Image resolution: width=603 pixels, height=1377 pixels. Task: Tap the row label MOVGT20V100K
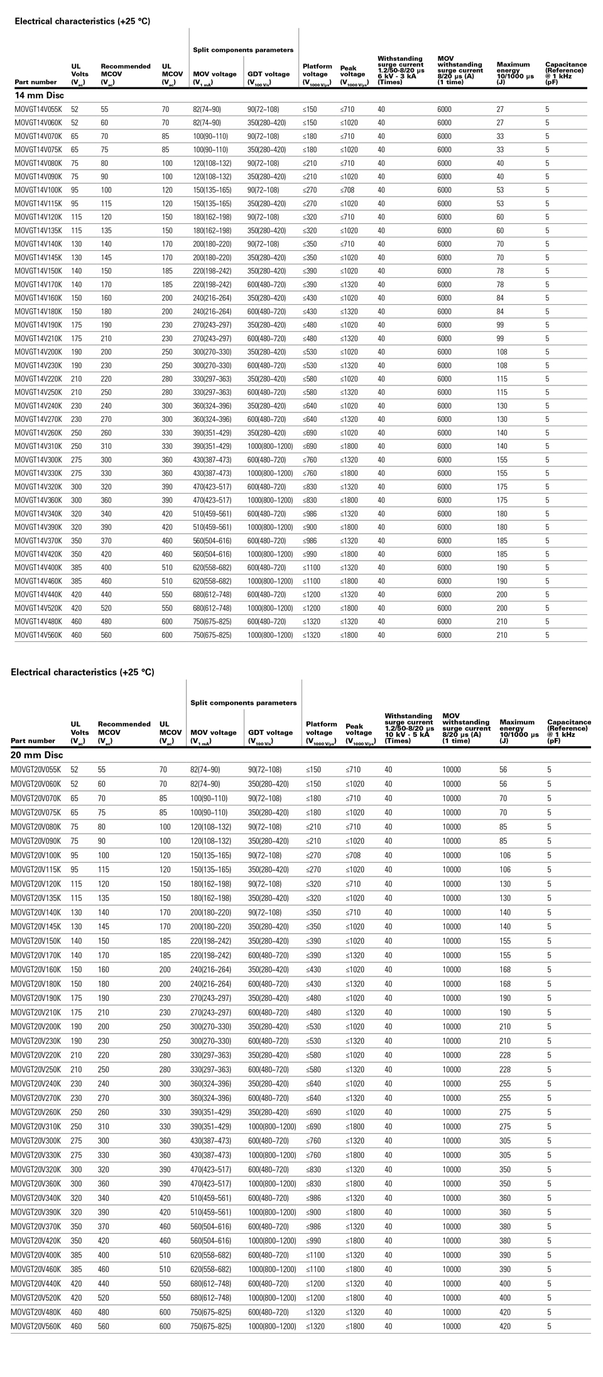click(36, 855)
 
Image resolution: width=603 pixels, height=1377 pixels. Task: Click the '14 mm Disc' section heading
click(40, 95)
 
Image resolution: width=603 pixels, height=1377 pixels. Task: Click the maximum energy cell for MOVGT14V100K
click(501, 190)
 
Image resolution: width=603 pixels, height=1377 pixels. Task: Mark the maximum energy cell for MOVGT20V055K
click(503, 770)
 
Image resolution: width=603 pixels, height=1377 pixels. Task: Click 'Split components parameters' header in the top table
click(242, 50)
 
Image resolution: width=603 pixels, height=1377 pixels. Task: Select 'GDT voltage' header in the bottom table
click(270, 733)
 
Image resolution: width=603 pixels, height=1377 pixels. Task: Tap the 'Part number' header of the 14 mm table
click(35, 82)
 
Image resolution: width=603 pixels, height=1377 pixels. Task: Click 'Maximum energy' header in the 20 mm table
click(519, 728)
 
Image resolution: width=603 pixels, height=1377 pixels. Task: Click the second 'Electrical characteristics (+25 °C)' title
click(82, 672)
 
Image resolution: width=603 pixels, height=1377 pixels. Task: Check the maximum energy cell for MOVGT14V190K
click(501, 324)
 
